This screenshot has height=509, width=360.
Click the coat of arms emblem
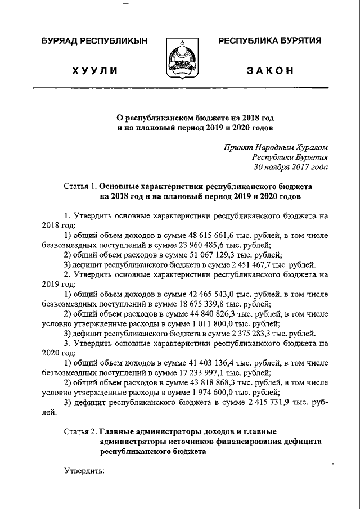(x=179, y=60)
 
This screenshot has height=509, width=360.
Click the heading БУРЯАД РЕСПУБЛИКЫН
(x=94, y=42)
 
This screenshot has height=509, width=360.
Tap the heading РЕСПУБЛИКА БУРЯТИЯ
(x=269, y=42)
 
